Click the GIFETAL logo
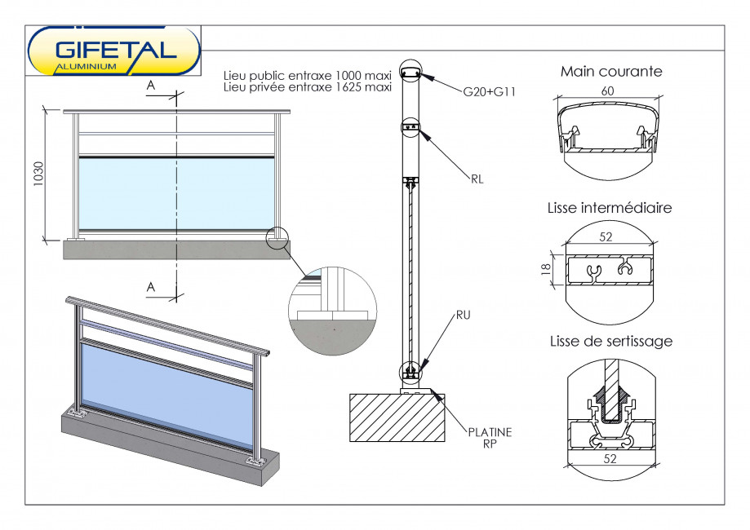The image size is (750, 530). coord(114,51)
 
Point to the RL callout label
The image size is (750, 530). coord(477,179)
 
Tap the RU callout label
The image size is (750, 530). coord(464,313)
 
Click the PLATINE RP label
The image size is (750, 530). coord(490,439)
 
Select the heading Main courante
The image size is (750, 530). coord(611,72)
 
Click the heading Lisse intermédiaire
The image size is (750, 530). coord(610,208)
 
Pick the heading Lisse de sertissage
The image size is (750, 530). coord(611,341)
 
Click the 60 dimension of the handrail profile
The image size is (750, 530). coord(608,91)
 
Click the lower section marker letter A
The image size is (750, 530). coord(151,286)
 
